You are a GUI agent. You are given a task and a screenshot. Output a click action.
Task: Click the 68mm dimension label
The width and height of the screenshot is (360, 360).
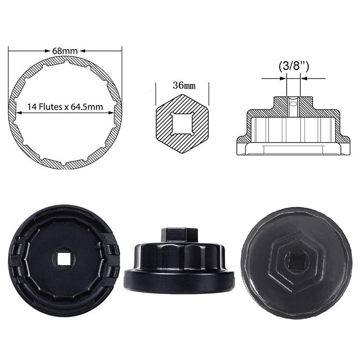click(65, 51)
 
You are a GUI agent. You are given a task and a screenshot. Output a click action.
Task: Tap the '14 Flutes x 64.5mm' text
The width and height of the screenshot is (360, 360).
click(65, 107)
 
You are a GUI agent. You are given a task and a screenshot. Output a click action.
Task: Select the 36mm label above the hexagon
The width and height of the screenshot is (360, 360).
click(184, 85)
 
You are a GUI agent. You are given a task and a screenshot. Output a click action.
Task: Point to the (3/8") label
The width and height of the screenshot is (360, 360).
click(294, 66)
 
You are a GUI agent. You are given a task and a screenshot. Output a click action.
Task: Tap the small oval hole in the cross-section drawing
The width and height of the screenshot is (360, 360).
click(293, 104)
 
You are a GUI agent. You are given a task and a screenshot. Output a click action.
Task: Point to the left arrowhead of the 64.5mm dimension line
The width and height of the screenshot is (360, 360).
click(19, 113)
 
